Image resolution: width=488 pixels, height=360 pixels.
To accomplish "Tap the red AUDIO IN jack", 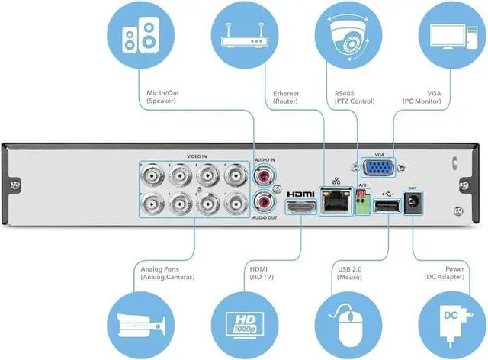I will pos(264,175).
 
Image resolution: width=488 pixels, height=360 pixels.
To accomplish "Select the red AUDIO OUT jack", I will pos(264,203).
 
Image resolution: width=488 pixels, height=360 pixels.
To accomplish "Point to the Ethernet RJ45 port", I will pos(333,203).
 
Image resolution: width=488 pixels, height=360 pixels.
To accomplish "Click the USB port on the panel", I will pos(387,208).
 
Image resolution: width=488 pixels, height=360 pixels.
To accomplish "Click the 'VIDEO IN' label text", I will pos(197,157).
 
